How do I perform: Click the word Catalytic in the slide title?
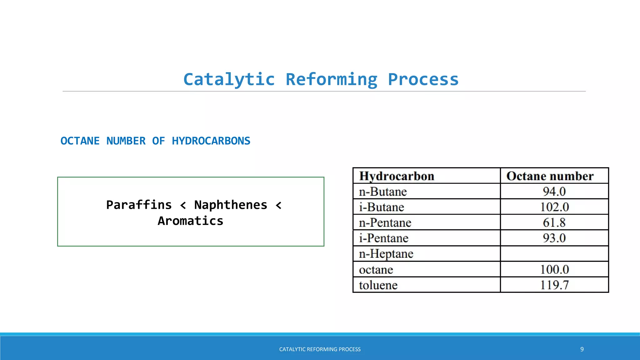229,79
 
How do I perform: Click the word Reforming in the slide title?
332,79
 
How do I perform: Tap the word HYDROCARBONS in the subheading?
211,141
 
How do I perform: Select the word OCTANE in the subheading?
80,141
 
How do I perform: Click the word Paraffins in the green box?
139,205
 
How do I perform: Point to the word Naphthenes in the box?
231,205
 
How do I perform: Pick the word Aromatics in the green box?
191,221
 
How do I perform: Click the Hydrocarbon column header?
397,176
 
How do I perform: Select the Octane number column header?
550,176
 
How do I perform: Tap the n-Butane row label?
383,192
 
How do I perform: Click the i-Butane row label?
382,207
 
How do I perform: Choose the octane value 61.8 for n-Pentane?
554,222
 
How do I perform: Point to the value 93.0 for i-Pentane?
554,238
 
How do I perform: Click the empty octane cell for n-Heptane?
554,253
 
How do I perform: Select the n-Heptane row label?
386,254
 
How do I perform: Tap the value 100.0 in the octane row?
554,269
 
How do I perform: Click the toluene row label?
378,285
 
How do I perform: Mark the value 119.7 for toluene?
554,285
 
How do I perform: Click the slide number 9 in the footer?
582,349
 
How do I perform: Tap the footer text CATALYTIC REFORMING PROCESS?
320,349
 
